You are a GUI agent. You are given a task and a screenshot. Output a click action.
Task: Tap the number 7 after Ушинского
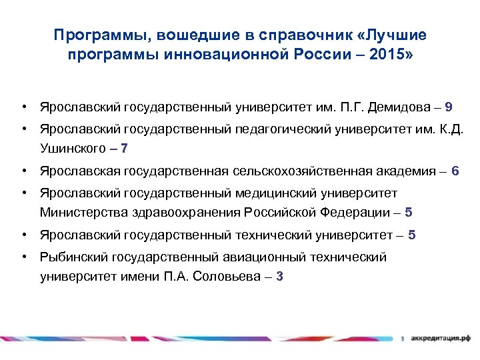(x=125, y=148)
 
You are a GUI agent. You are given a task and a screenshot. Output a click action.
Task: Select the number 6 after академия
(x=455, y=171)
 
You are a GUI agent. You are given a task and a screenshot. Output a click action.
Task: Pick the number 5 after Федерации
(x=409, y=213)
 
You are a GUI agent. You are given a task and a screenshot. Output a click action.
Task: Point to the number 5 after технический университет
(x=412, y=235)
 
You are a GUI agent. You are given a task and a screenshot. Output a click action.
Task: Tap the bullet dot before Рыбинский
(x=23, y=257)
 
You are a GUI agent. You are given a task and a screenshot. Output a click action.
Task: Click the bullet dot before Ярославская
(x=23, y=171)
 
